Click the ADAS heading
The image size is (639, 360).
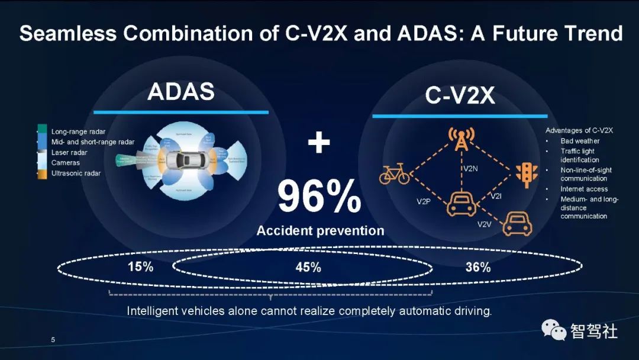tap(180, 92)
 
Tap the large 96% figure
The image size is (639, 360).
tap(319, 197)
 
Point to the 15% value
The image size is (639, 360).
tap(140, 267)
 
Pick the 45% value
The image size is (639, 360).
tap(308, 268)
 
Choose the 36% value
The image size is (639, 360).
tap(477, 268)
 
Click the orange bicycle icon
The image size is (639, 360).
tap(394, 173)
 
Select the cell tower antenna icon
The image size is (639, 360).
tap(459, 140)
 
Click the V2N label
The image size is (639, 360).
tap(470, 169)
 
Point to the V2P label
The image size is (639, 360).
tap(424, 202)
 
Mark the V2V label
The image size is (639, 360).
tap(485, 224)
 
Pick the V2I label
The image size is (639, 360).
tap(496, 196)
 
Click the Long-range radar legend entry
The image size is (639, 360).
tap(78, 131)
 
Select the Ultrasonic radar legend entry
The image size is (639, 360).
tap(76, 173)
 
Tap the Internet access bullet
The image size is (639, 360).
tap(584, 189)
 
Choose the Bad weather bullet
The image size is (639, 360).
tap(580, 141)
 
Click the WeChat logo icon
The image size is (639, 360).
tap(554, 330)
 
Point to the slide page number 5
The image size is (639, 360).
tap(53, 340)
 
